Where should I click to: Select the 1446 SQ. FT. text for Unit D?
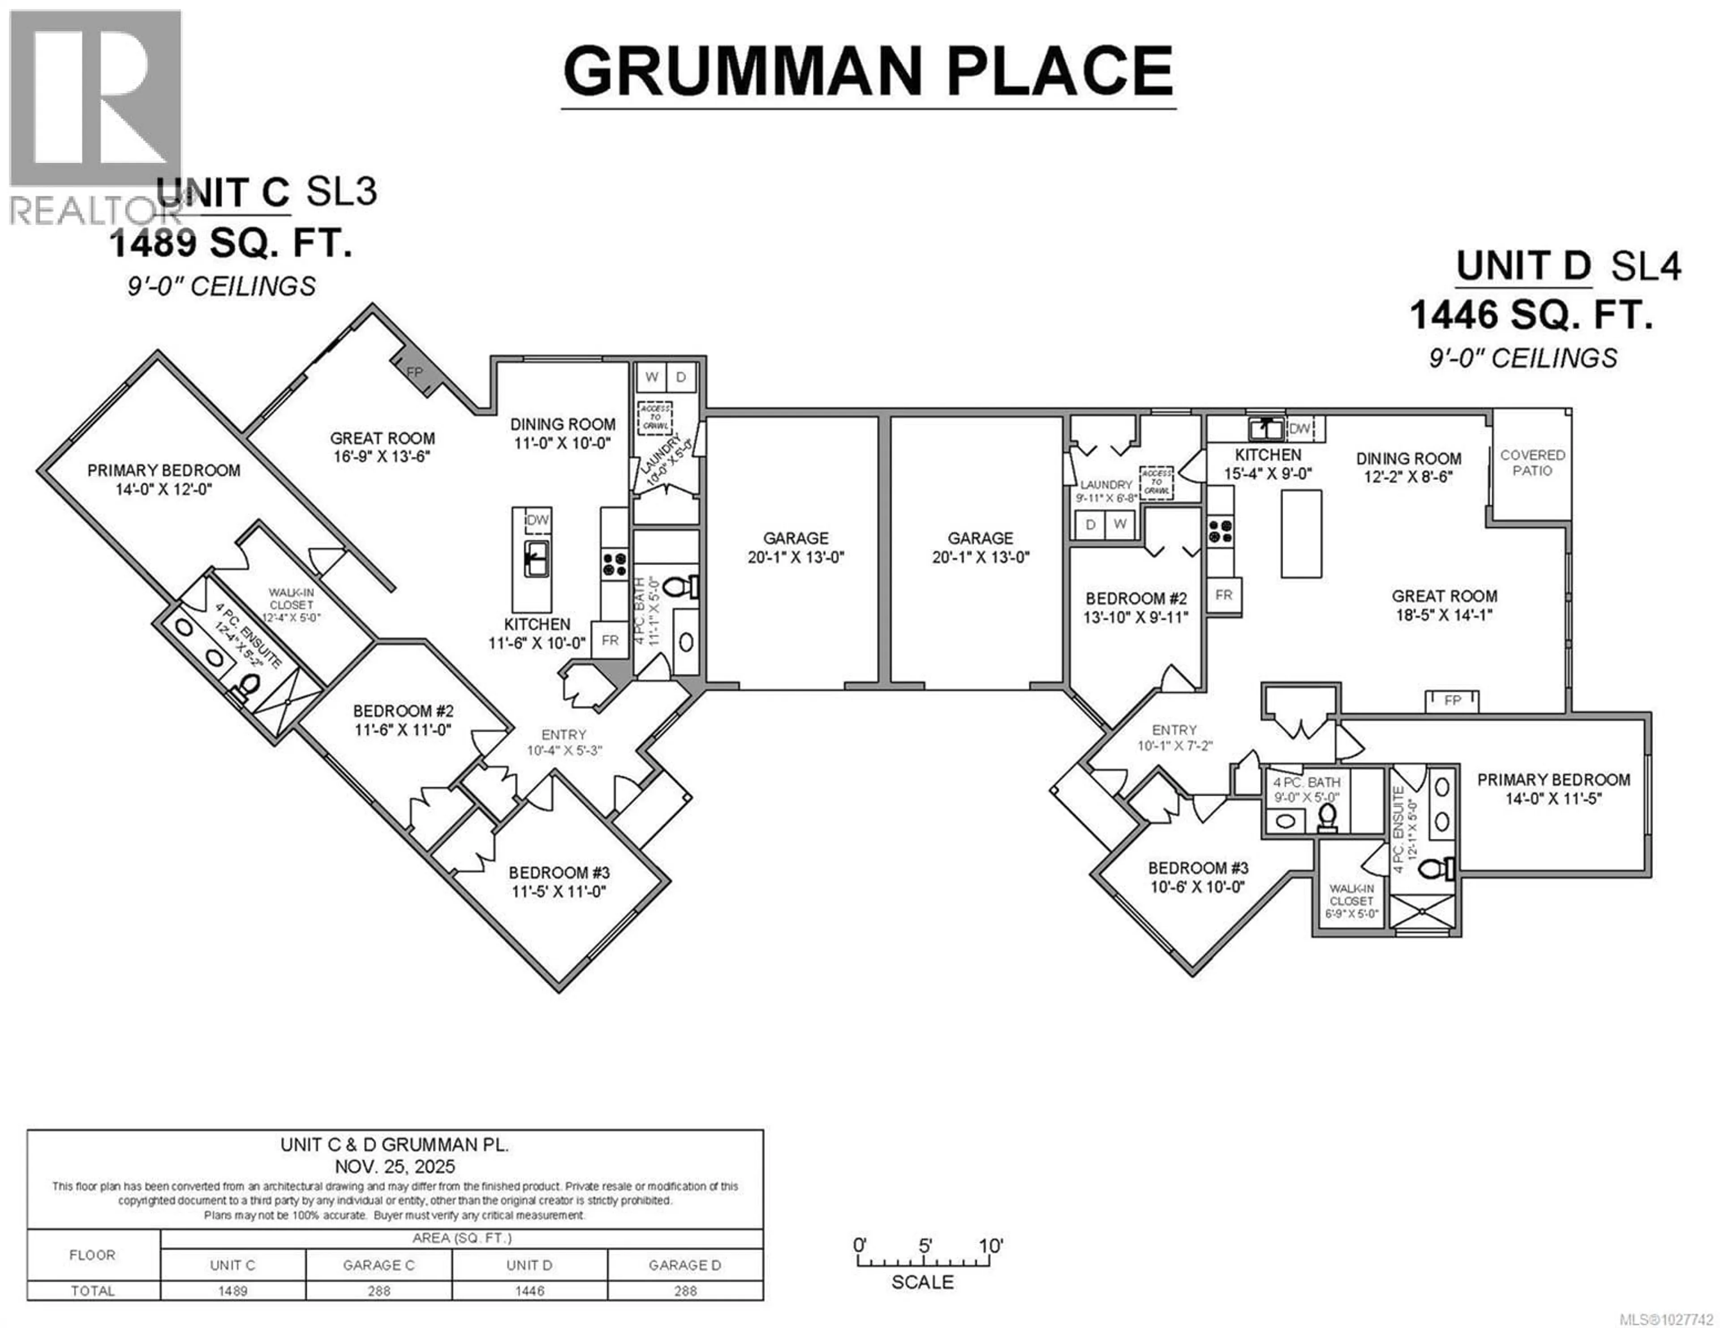click(x=1530, y=316)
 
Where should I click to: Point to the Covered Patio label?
click(x=1532, y=463)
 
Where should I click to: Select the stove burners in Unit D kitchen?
click(x=1220, y=530)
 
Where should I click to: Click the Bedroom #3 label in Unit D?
click(x=1198, y=868)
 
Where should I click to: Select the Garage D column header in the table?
click(x=684, y=1265)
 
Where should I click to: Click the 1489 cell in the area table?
click(x=232, y=1291)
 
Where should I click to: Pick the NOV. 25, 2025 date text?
click(x=395, y=1166)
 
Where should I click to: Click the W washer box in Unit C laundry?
click(x=651, y=377)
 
